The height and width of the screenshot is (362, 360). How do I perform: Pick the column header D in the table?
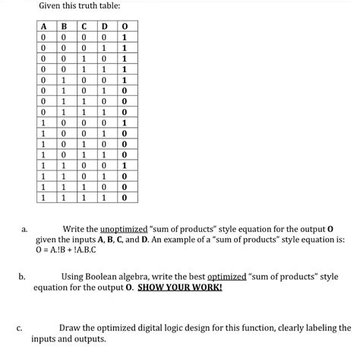105,29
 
